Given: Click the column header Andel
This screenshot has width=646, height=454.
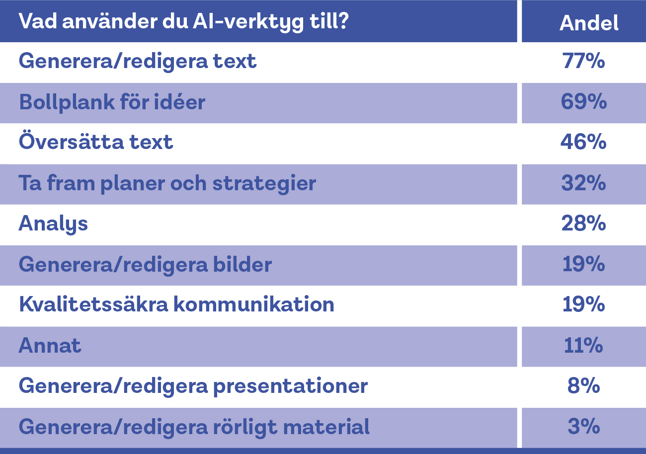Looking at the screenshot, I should pyautogui.click(x=589, y=23).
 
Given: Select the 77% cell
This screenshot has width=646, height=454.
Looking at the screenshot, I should pyautogui.click(x=583, y=61).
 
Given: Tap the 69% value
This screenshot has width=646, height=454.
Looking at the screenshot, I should pyautogui.click(x=583, y=102).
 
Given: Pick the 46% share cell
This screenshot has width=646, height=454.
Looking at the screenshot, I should pyautogui.click(x=583, y=142).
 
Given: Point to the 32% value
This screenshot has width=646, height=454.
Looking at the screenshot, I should pyautogui.click(x=583, y=183).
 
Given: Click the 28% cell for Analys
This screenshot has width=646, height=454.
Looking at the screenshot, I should pyautogui.click(x=583, y=224).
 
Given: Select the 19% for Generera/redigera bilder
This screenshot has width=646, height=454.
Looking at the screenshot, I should pyautogui.click(x=583, y=264).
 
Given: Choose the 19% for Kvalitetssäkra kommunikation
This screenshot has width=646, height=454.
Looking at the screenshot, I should pyautogui.click(x=583, y=304).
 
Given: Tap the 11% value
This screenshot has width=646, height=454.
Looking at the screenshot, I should pyautogui.click(x=583, y=345).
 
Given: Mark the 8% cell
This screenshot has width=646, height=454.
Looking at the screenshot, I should pyautogui.click(x=583, y=386).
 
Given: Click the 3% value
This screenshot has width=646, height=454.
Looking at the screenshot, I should pyautogui.click(x=583, y=427).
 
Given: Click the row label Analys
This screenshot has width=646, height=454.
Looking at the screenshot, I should pyautogui.click(x=53, y=224).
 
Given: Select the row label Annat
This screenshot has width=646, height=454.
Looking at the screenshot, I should pyautogui.click(x=50, y=345).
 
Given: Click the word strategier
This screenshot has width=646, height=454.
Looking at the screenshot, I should pyautogui.click(x=264, y=184).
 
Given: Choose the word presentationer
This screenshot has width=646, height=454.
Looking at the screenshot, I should pyautogui.click(x=290, y=386).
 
